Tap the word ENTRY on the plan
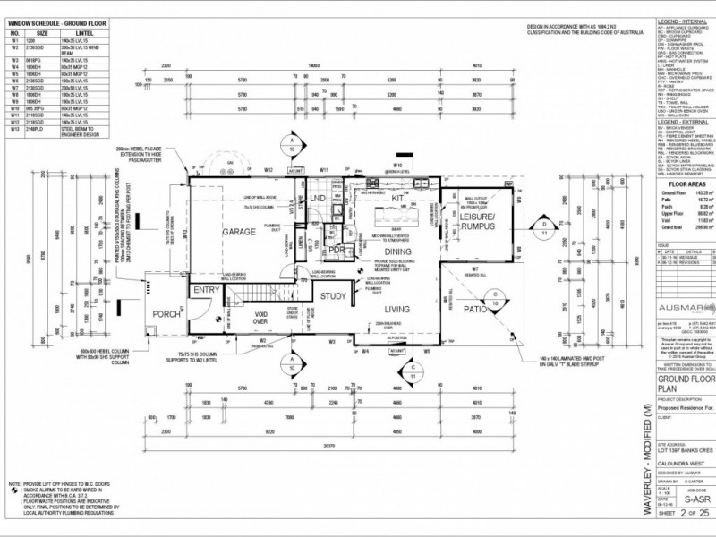(x=207, y=290)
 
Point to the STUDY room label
(x=333, y=295)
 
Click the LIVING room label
(x=396, y=309)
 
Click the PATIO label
(x=475, y=309)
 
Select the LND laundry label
(x=317, y=198)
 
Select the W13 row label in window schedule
(x=14, y=129)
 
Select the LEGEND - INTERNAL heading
(x=683, y=20)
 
